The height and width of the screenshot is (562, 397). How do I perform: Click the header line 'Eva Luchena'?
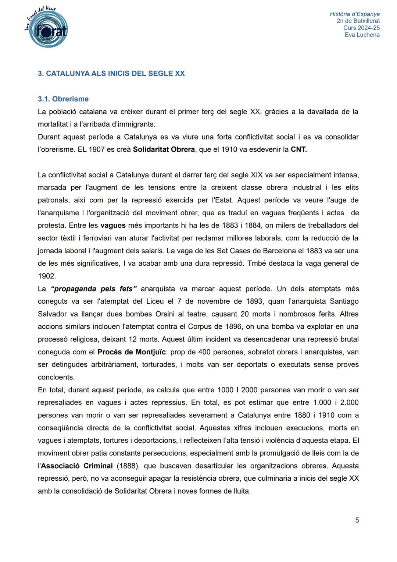[362, 35]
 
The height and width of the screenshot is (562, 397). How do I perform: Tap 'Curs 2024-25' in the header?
[361, 28]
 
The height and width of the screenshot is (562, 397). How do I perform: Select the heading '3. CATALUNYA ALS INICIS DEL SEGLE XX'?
[111, 73]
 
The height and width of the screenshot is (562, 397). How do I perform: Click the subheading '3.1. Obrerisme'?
[63, 99]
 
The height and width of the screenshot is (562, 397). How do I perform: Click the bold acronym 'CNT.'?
[298, 150]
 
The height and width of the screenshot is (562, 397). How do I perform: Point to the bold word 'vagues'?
[113, 225]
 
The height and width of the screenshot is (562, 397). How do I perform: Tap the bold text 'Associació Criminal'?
[77, 466]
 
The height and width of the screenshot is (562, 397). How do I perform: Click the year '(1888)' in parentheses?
[128, 466]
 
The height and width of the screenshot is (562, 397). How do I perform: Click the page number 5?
[357, 520]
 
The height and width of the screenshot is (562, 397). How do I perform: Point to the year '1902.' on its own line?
[47, 276]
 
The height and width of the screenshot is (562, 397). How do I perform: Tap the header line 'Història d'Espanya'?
[354, 14]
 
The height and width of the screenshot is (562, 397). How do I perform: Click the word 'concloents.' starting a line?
[56, 377]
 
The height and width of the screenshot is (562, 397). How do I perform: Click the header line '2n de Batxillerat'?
[358, 21]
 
